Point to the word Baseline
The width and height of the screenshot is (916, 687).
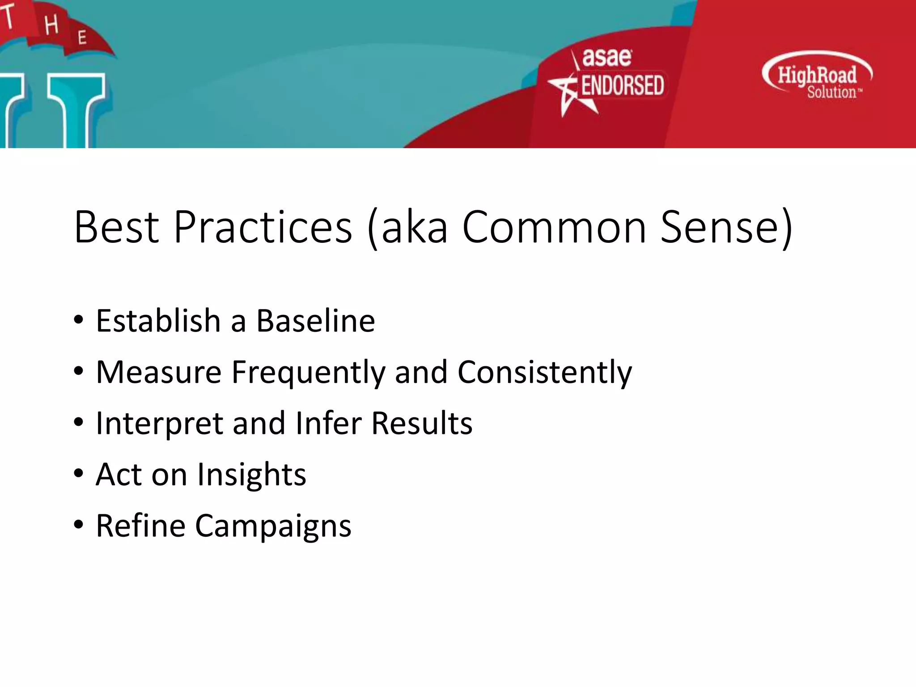click(315, 321)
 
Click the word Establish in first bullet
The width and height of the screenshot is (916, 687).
click(158, 321)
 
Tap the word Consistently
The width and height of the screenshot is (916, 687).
click(544, 373)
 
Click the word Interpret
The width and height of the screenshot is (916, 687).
click(159, 424)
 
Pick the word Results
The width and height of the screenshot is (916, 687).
click(421, 424)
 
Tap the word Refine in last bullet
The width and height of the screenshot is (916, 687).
click(140, 526)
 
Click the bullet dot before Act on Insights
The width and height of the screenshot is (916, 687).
click(79, 474)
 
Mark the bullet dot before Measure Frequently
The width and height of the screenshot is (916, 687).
click(79, 371)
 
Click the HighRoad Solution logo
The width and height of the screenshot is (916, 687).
click(817, 76)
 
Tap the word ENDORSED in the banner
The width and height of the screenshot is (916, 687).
click(622, 85)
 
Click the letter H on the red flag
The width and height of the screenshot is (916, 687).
click(51, 25)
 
